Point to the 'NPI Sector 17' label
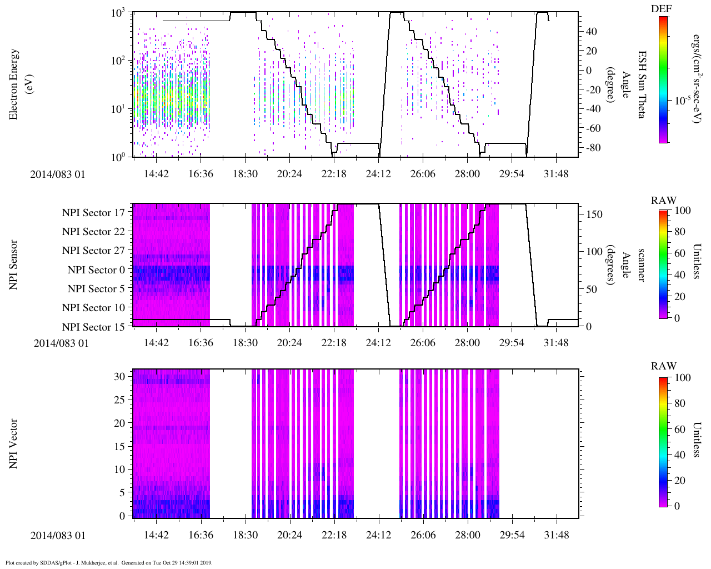pos(93,213)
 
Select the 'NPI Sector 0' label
pos(96,270)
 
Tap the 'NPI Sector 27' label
pos(93,251)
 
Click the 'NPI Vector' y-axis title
pos(14,444)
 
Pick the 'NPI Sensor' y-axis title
pos(14,264)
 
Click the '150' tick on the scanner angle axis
pos(594,214)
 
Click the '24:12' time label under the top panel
pos(378,174)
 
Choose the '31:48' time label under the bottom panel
pos(556,535)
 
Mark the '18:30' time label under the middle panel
pos(245,343)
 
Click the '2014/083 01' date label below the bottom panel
pos(58,536)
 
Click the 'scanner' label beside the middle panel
pos(642,264)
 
